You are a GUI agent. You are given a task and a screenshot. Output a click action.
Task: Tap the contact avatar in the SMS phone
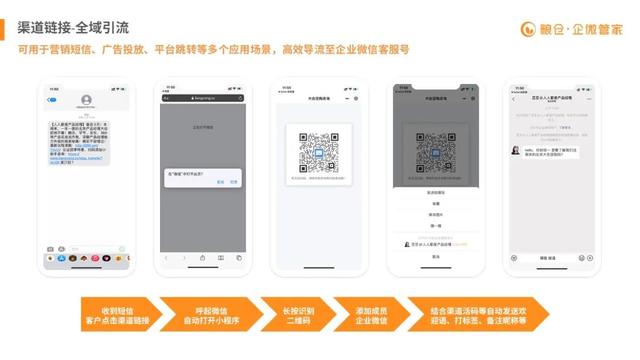87,100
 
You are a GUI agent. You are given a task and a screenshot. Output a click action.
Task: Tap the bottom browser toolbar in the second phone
203,257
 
